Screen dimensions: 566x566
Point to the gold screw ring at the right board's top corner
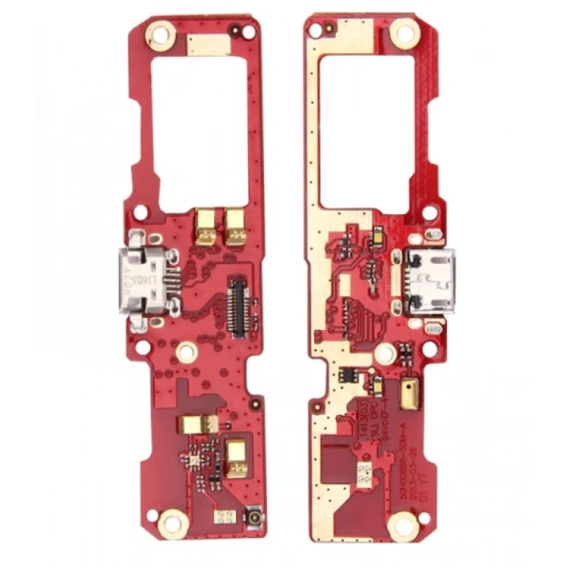(x=405, y=32)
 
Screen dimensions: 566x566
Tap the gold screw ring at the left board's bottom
(x=173, y=521)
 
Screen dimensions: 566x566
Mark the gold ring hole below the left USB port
(x=187, y=353)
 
